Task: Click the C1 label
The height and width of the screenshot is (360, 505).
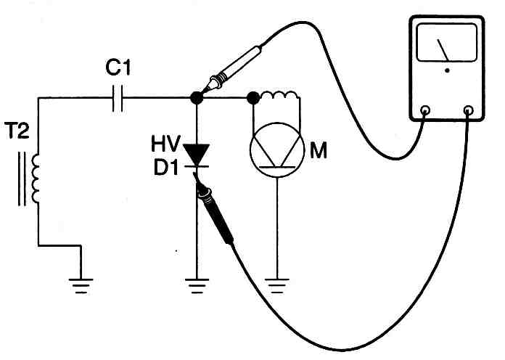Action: click(118, 68)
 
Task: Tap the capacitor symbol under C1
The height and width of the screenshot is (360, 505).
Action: click(118, 98)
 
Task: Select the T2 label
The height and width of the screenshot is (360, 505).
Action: click(18, 130)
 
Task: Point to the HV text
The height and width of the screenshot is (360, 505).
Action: click(165, 144)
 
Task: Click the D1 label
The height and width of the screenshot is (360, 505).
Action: click(166, 167)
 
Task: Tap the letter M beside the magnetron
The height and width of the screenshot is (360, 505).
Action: click(319, 150)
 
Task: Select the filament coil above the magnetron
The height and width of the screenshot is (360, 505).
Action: click(279, 95)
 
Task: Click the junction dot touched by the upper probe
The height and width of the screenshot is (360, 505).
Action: click(197, 98)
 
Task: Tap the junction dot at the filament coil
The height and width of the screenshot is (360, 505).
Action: click(253, 98)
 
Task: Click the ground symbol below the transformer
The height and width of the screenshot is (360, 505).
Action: click(81, 286)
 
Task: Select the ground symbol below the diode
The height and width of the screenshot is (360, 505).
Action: click(197, 286)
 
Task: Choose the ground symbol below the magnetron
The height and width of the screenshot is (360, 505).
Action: click(277, 286)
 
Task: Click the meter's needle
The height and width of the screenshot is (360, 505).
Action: click(443, 50)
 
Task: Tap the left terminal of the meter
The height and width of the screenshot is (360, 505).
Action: click(425, 110)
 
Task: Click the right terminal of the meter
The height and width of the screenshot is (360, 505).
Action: click(468, 110)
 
